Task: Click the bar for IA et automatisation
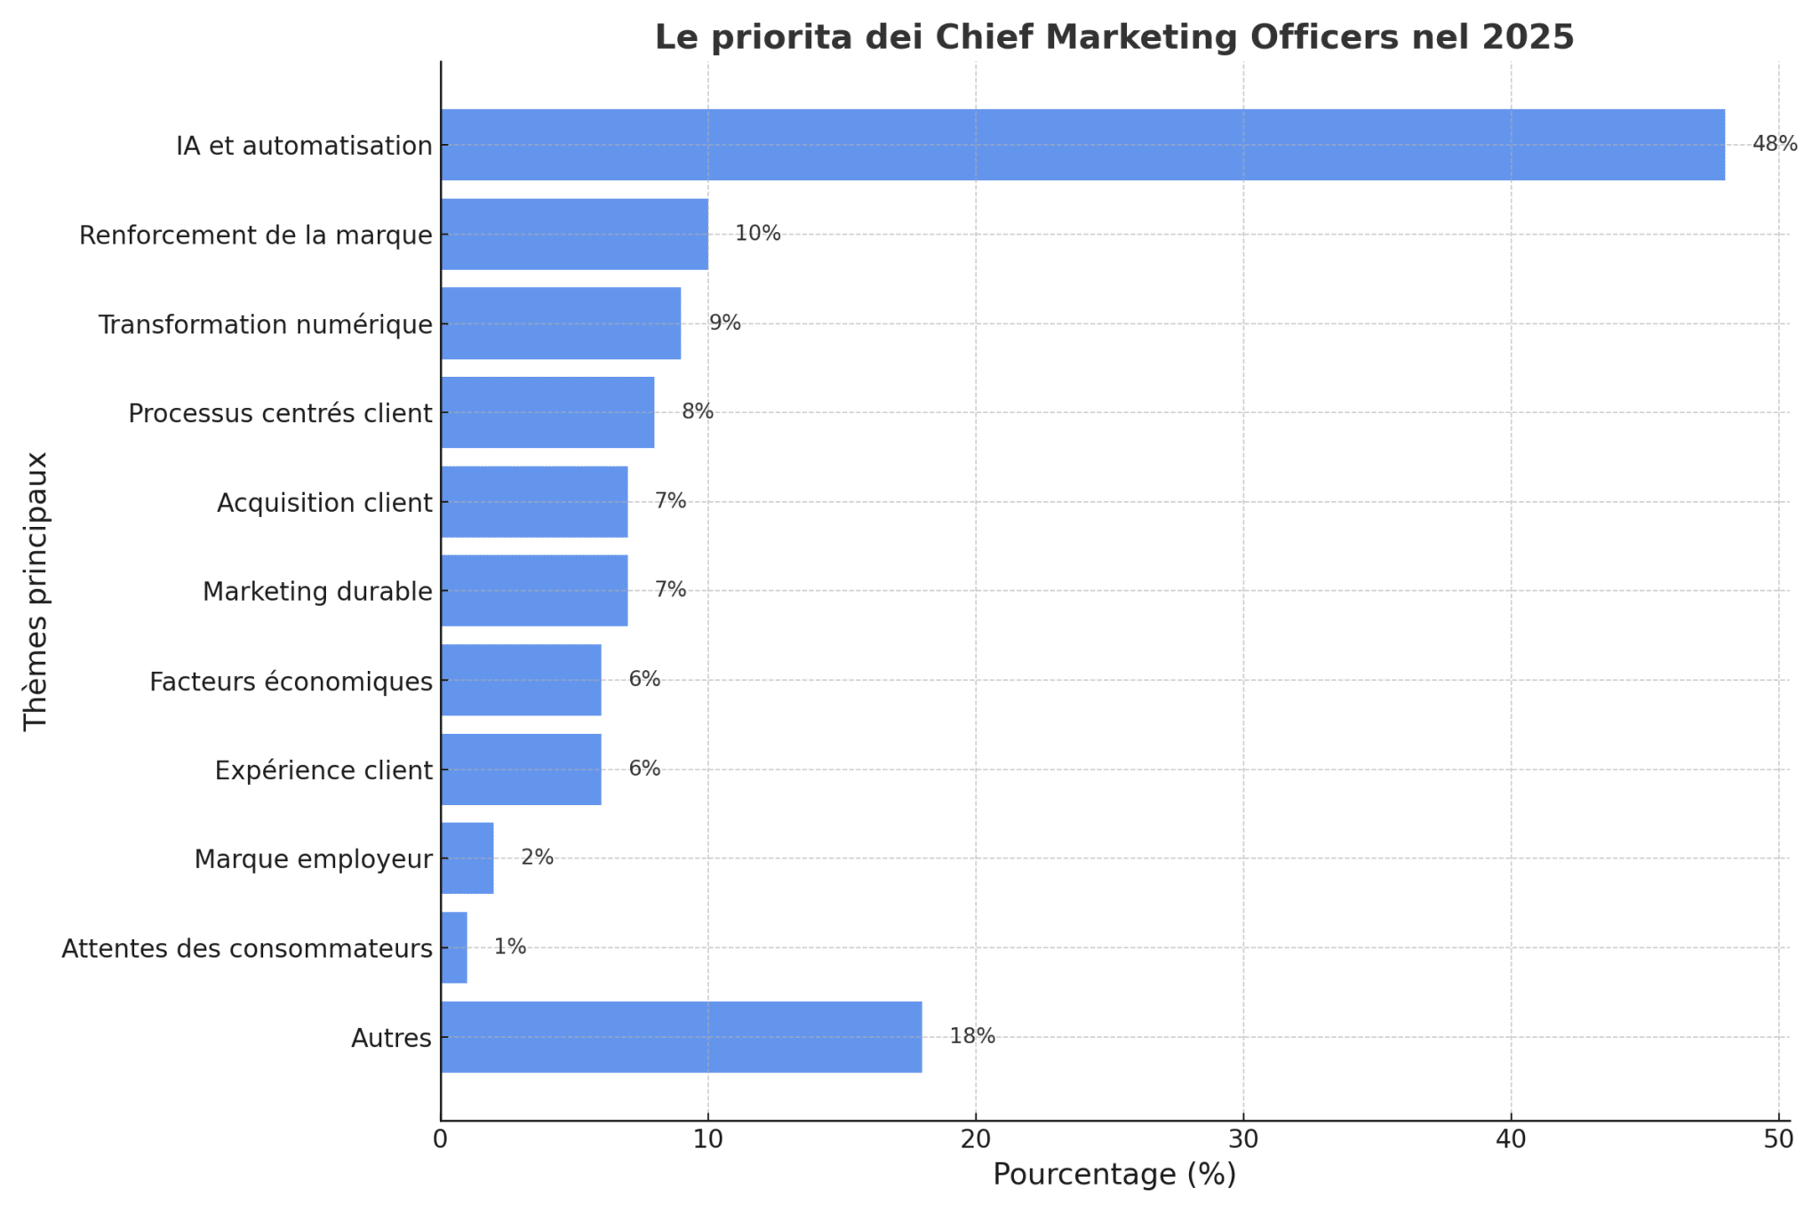pyautogui.click(x=1082, y=145)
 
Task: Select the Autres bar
pyautogui.click(x=681, y=1037)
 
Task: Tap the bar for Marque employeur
pyautogui.click(x=467, y=858)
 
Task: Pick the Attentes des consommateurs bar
pyautogui.click(x=454, y=947)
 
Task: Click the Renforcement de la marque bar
pyautogui.click(x=574, y=234)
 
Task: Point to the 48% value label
pyautogui.click(x=1774, y=144)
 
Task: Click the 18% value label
pyautogui.click(x=972, y=1036)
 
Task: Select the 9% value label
pyautogui.click(x=724, y=323)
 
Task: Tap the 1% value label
pyautogui.click(x=510, y=947)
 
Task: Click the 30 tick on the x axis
pyautogui.click(x=1243, y=1139)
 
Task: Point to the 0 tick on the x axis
pyautogui.click(x=441, y=1139)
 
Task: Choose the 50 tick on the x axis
pyautogui.click(x=1778, y=1139)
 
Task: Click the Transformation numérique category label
pyautogui.click(x=265, y=325)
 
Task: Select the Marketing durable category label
pyautogui.click(x=317, y=592)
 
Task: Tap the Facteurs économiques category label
pyautogui.click(x=291, y=682)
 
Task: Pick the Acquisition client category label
pyautogui.click(x=324, y=503)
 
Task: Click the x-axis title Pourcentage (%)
pyautogui.click(x=1114, y=1175)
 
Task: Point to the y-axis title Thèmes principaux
pyautogui.click(x=36, y=591)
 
